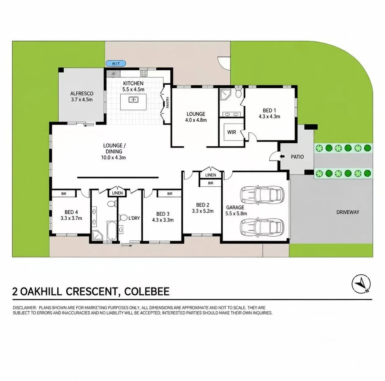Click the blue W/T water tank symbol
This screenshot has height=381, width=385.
(116, 64)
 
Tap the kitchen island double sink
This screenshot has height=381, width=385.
(133, 99)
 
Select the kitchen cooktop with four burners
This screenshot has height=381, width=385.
(144, 74)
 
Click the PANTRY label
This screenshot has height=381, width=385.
(168, 102)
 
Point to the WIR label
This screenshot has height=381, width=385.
(231, 132)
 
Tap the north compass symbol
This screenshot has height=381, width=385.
(361, 284)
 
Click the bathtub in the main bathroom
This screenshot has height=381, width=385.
(111, 231)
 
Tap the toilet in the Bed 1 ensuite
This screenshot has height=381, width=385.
(238, 93)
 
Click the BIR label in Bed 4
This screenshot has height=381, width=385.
(64, 194)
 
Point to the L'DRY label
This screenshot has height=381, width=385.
(134, 218)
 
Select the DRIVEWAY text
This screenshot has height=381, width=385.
(348, 212)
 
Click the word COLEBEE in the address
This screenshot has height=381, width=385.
(147, 291)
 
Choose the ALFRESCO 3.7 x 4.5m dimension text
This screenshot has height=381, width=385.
(82, 99)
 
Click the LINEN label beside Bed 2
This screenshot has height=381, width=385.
(211, 175)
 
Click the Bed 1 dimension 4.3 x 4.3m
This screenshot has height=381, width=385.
(269, 116)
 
